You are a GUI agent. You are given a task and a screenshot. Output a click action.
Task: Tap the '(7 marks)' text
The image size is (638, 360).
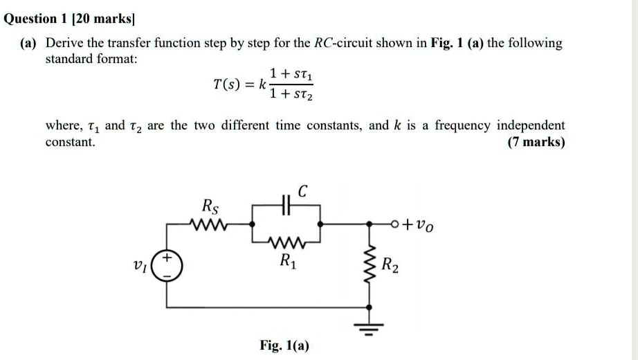(x=536, y=143)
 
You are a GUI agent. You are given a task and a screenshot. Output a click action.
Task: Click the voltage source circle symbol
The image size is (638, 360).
(x=167, y=265)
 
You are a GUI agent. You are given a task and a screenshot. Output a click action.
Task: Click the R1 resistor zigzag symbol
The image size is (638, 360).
(x=285, y=242)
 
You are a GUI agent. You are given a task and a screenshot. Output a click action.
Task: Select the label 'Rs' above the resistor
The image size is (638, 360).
(x=208, y=206)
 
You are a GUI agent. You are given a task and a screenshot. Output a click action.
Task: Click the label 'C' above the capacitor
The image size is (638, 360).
(x=303, y=189)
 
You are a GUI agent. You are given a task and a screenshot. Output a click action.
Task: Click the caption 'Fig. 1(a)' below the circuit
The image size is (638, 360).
(x=284, y=345)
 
